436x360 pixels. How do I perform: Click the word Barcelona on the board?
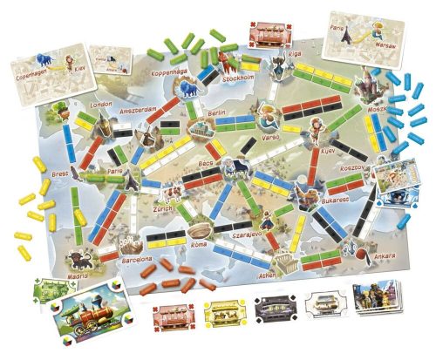click(136, 259)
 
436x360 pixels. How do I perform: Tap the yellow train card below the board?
click(219, 311)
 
